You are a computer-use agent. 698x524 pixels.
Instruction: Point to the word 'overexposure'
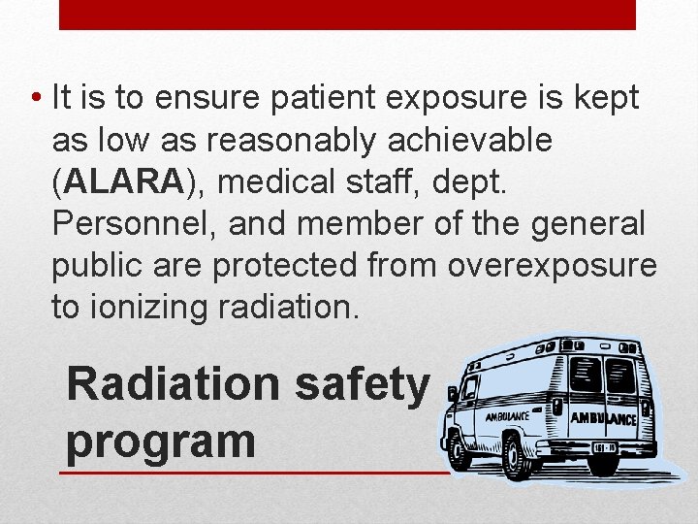point(553,265)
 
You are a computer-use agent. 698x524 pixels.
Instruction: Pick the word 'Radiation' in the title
point(172,383)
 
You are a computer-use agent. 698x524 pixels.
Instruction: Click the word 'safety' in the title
point(363,385)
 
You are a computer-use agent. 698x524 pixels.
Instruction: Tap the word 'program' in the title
point(161,441)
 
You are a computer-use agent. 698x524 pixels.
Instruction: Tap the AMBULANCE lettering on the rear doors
point(603,419)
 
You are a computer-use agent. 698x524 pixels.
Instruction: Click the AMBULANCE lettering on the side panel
point(506,416)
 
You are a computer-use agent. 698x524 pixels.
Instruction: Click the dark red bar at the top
point(348,15)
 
